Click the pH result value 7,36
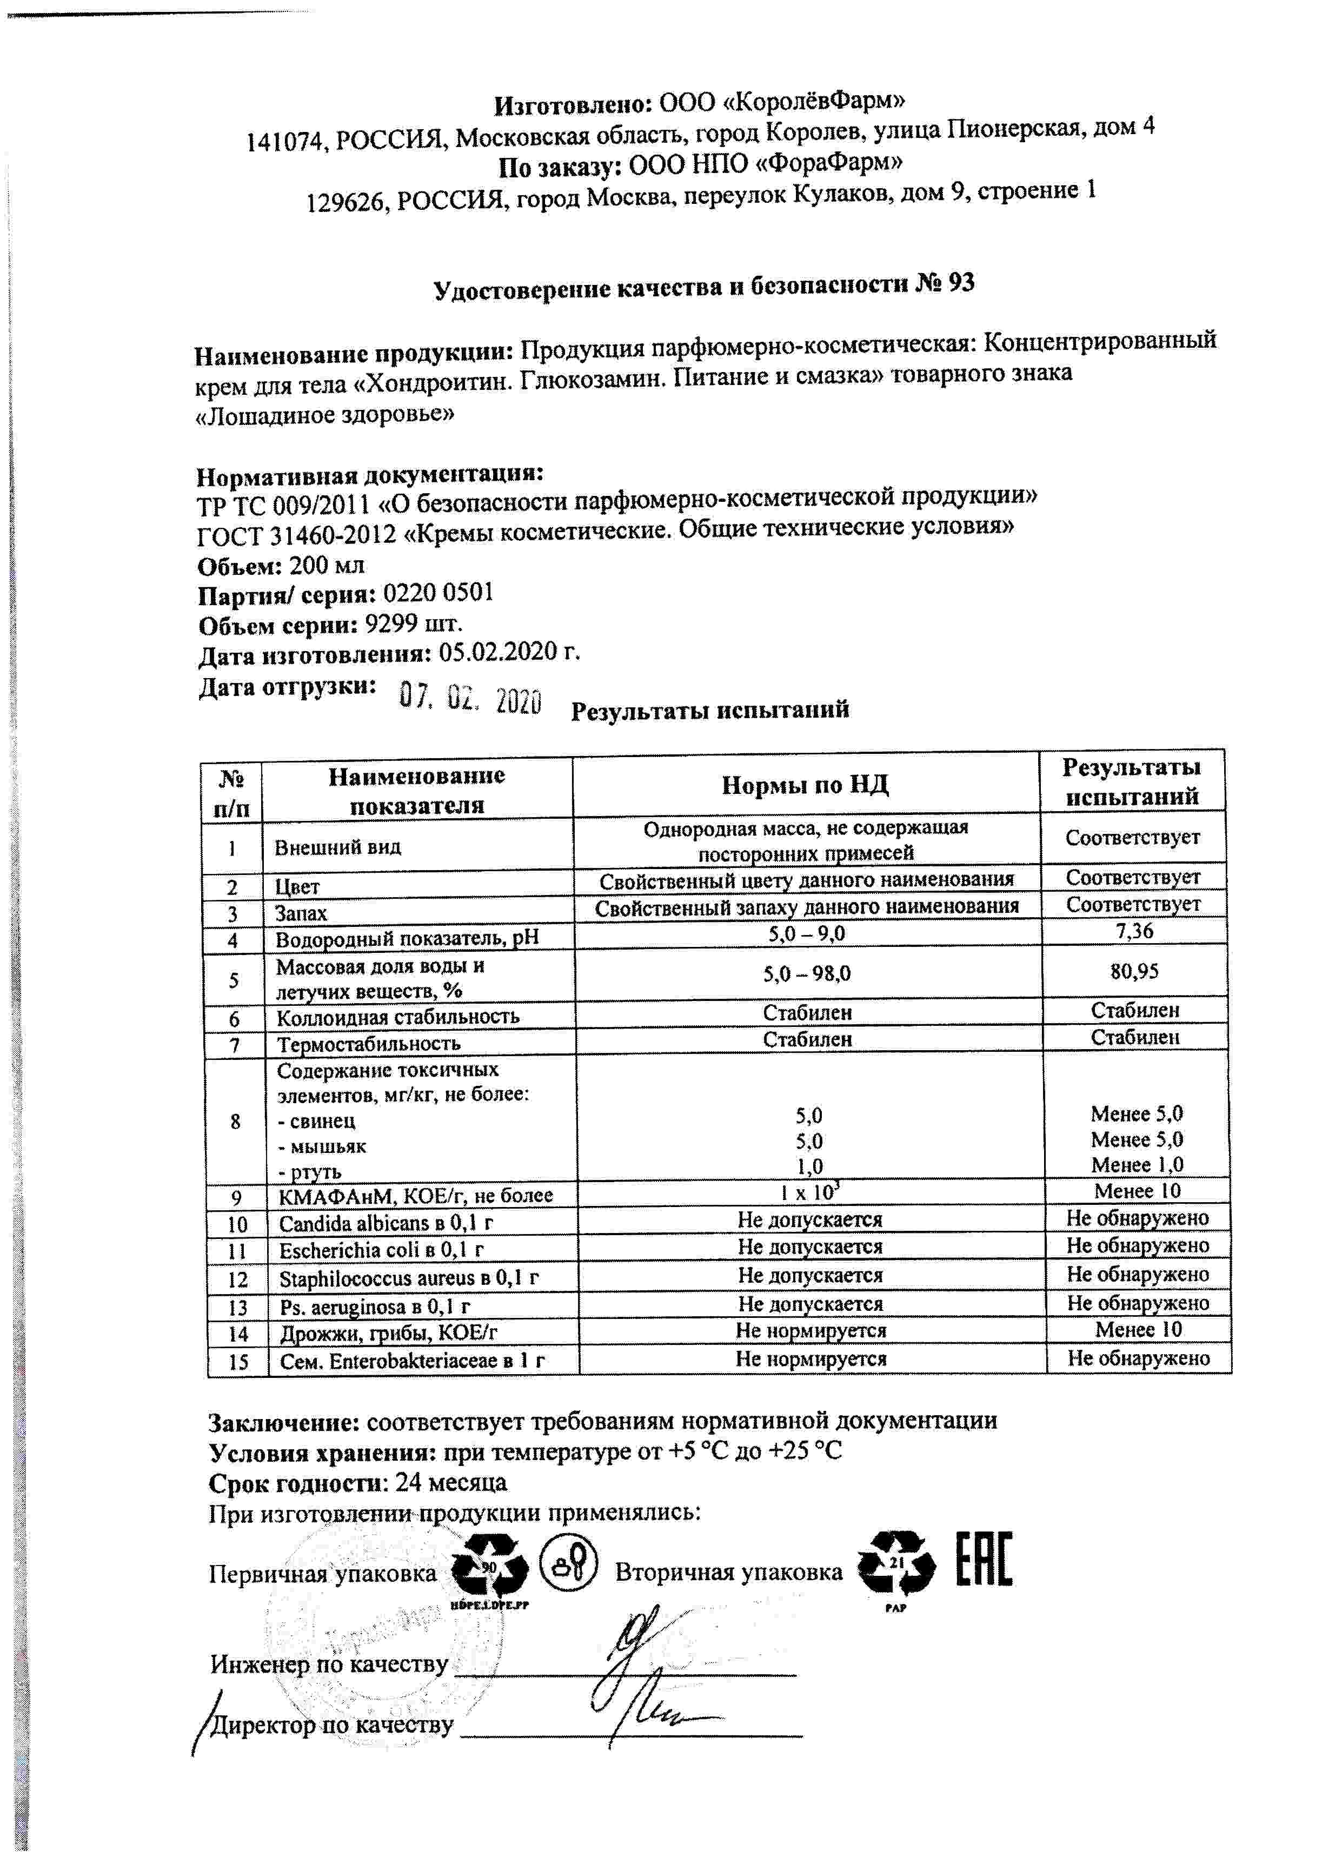[1134, 931]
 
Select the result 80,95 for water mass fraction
[1134, 972]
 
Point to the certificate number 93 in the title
[961, 283]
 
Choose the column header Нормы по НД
[805, 785]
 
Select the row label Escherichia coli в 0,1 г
[381, 1251]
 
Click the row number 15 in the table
[238, 1362]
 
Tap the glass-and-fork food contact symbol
[568, 1557]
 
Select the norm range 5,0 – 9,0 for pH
[807, 934]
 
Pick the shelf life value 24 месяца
[451, 1483]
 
